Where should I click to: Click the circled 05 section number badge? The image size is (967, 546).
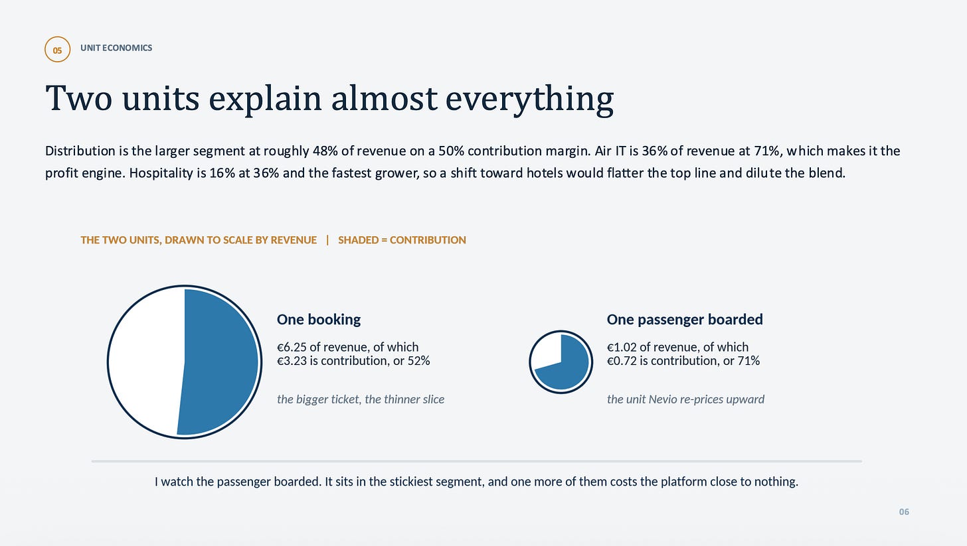[x=57, y=50]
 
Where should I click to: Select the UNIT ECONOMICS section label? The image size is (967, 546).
[x=116, y=48]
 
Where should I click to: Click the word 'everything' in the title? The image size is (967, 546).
[x=529, y=100]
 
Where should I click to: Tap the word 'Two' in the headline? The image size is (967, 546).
[x=78, y=98]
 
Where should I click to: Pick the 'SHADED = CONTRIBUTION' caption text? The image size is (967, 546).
[x=402, y=239]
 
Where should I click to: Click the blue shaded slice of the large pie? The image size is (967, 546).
[x=218, y=362]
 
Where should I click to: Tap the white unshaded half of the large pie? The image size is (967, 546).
[x=147, y=362]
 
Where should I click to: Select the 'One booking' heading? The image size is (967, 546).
[x=319, y=320]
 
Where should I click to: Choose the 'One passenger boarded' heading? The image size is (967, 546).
[x=685, y=320]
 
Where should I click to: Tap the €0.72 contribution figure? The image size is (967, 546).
[x=622, y=360]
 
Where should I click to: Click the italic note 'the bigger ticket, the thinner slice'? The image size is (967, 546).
[x=361, y=399]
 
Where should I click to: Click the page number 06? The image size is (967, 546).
[x=904, y=512]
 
